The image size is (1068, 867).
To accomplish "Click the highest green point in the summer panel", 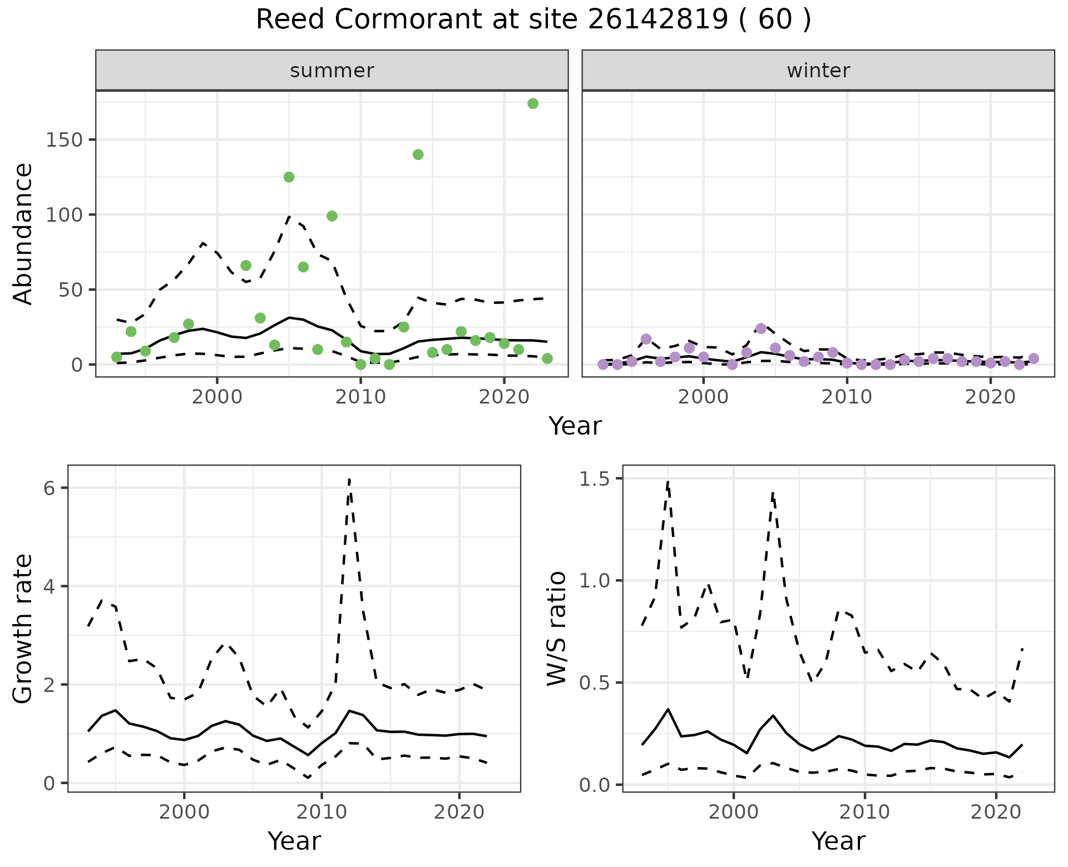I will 532,103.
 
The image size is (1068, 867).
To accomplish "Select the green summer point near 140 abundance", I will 418,155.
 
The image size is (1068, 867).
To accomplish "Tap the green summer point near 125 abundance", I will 289,177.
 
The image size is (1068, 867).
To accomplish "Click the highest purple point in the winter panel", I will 761,328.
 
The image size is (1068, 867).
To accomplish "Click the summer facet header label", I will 332,71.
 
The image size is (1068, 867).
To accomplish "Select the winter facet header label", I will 818,71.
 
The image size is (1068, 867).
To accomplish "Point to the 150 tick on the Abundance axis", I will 64,139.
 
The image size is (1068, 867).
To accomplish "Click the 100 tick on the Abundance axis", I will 64,215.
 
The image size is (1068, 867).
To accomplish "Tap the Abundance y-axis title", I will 23,233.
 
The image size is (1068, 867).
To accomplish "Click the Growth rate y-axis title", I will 23,629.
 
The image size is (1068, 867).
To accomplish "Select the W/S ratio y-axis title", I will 557,628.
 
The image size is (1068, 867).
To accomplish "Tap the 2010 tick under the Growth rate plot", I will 322,812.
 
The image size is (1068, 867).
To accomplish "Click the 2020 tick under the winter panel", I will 990,397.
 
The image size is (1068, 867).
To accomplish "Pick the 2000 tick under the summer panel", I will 217,397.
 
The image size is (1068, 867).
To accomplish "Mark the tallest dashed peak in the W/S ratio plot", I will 667,482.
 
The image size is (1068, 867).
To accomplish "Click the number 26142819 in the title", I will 657,20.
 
